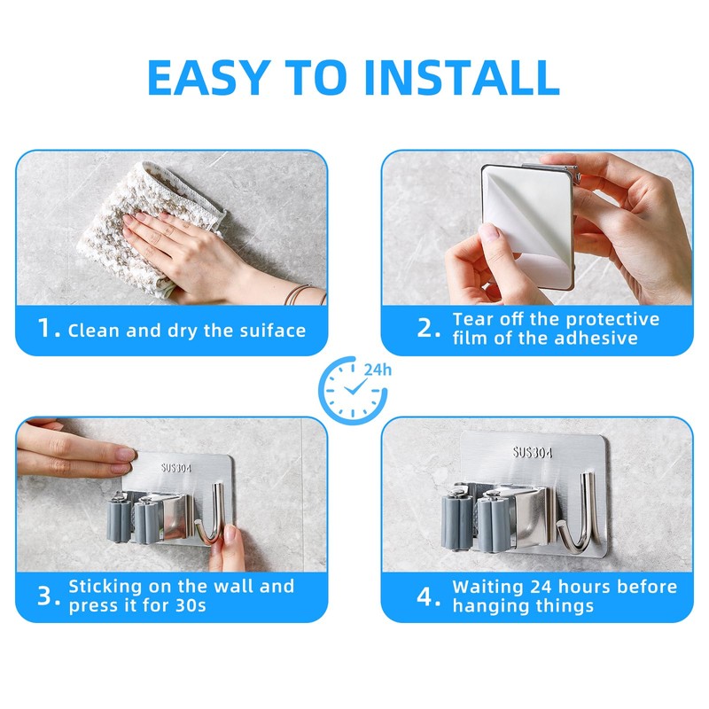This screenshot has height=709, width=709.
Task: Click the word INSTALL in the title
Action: tap(461, 77)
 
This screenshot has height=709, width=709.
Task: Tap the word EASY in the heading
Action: tap(208, 77)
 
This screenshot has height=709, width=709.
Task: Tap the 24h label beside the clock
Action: tap(378, 370)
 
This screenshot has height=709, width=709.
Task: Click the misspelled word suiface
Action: tap(273, 330)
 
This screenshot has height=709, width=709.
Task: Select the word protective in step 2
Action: tap(612, 320)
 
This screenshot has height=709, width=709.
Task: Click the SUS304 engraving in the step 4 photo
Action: tap(533, 452)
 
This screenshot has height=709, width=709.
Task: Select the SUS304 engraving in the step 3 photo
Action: tap(175, 468)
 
